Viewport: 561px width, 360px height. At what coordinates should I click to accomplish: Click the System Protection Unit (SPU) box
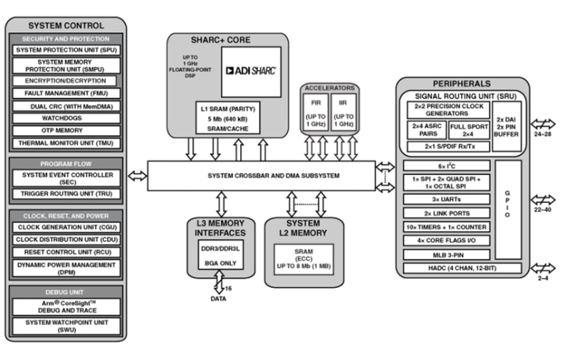pyautogui.click(x=65, y=51)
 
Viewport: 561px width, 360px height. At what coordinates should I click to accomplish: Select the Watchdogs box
pyautogui.click(x=65, y=118)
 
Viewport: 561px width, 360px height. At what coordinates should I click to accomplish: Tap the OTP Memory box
pyautogui.click(x=65, y=130)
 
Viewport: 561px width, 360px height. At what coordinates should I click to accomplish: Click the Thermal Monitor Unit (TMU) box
pyautogui.click(x=65, y=142)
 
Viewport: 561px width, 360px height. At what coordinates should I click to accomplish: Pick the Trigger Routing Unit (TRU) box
pyautogui.click(x=65, y=194)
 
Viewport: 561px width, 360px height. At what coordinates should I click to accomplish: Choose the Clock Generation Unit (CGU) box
pyautogui.click(x=65, y=227)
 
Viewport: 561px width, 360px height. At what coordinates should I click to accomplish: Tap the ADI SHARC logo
pyautogui.click(x=251, y=71)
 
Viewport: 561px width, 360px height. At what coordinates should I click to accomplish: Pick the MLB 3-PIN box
pyautogui.click(x=446, y=254)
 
